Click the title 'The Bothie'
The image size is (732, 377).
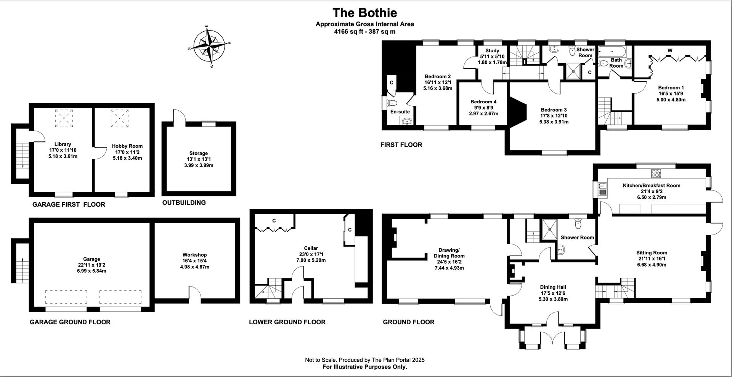click(x=364, y=13)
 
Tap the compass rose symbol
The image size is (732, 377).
click(x=209, y=47)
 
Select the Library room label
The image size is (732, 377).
click(x=63, y=144)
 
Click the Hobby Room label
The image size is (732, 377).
click(x=127, y=146)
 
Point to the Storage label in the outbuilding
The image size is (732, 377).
click(x=199, y=153)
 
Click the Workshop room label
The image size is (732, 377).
click(x=194, y=255)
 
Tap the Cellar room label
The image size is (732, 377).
click(x=311, y=248)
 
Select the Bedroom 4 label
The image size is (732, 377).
click(x=483, y=102)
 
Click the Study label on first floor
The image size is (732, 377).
click(x=492, y=51)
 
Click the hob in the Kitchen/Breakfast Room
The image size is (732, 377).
click(x=656, y=173)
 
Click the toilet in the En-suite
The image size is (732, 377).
click(x=392, y=103)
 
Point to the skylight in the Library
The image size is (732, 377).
click(x=64, y=118)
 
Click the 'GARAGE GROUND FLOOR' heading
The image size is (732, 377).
click(x=70, y=322)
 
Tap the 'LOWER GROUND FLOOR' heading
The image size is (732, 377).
click(x=287, y=322)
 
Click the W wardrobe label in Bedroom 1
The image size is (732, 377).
click(x=669, y=50)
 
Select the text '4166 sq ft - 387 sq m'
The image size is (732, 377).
click(x=364, y=32)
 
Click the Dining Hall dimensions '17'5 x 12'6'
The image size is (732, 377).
click(x=553, y=293)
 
